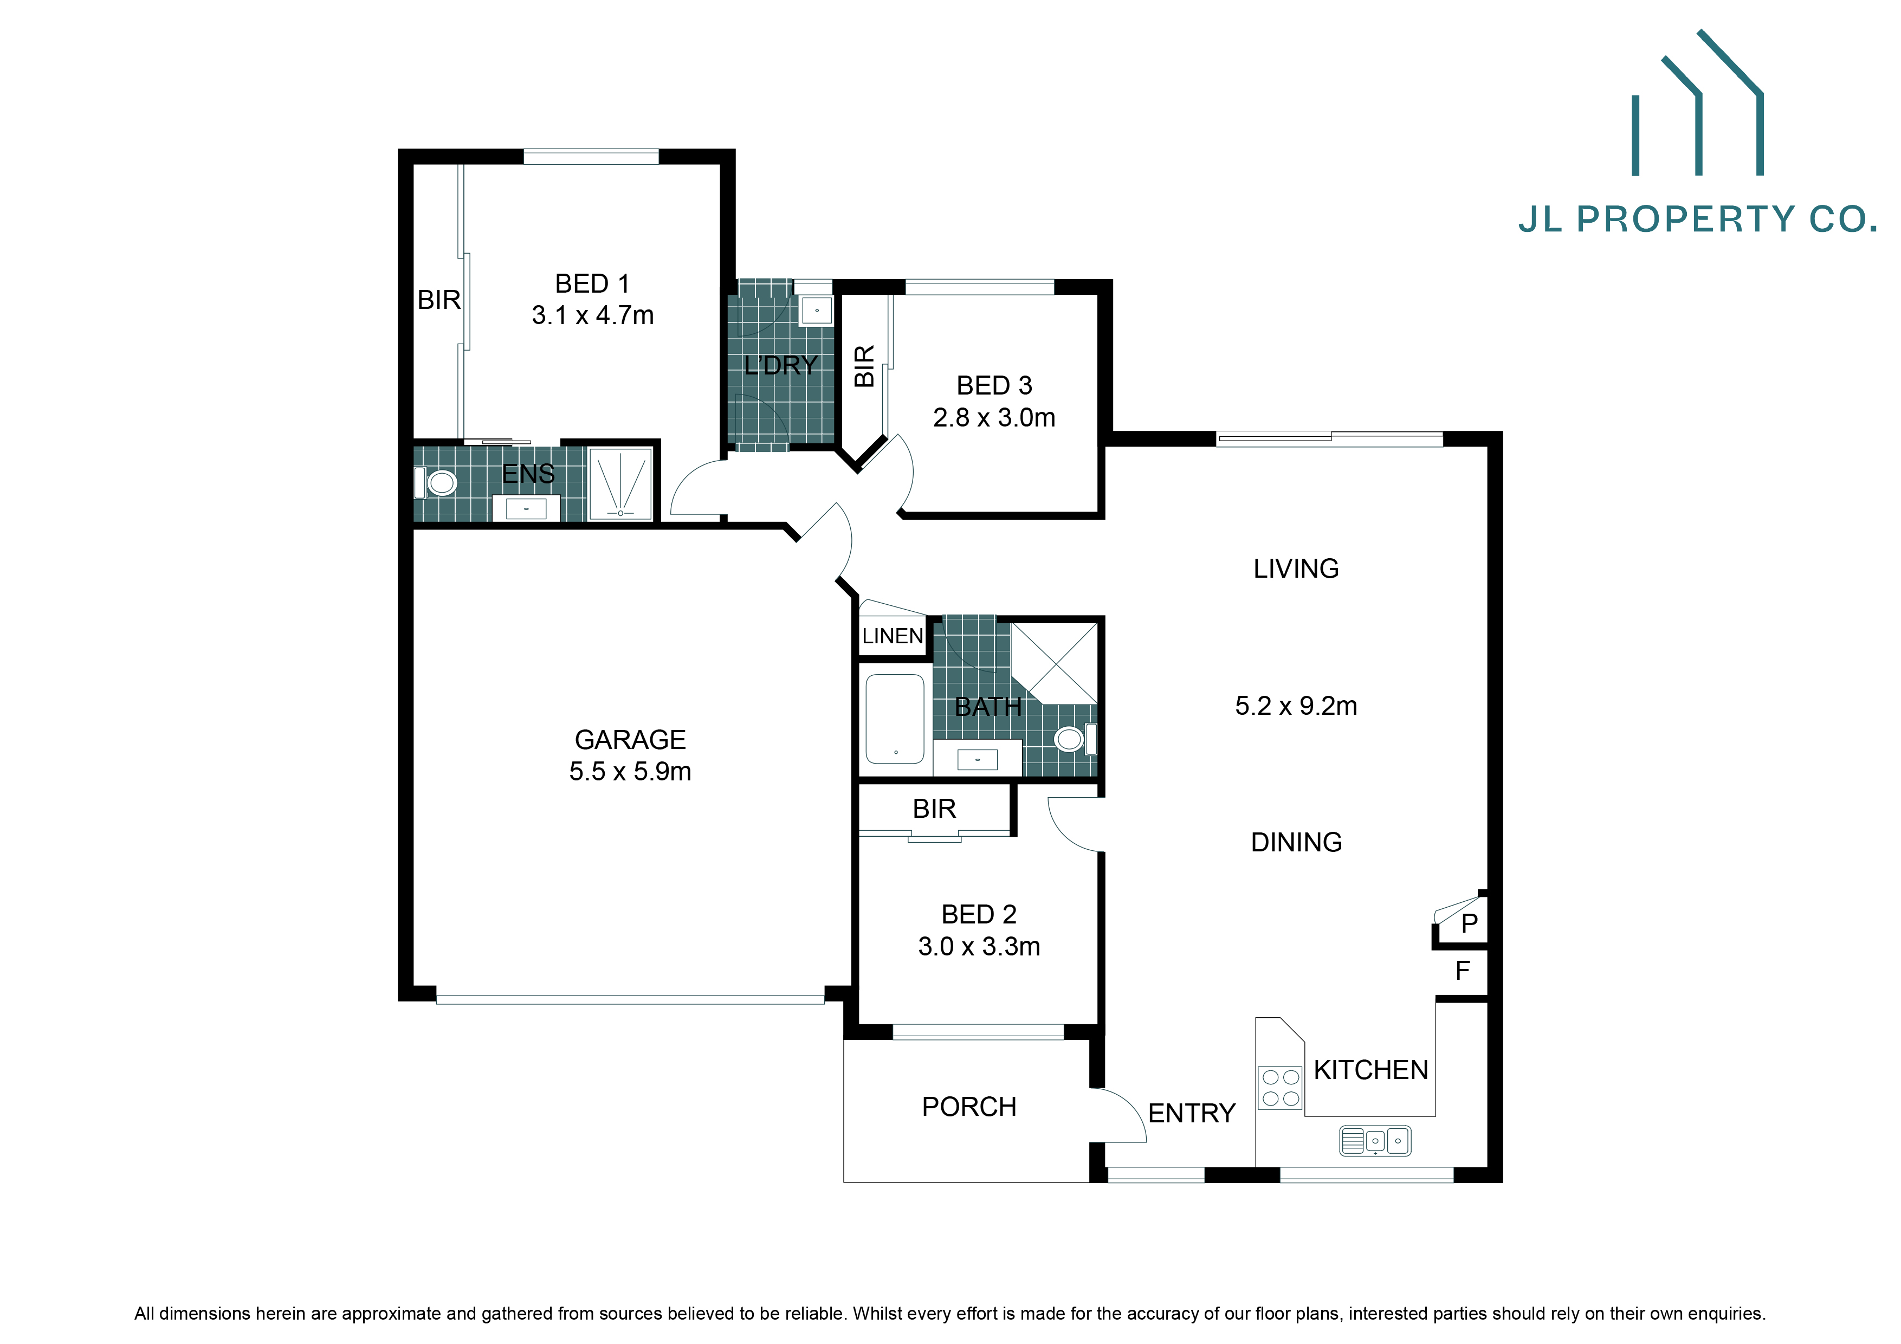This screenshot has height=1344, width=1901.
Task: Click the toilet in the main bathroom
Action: click(1072, 739)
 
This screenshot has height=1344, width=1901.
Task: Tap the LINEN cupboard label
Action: click(892, 636)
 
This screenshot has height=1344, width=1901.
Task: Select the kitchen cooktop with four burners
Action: click(1280, 1087)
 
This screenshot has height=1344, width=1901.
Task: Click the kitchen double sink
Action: click(1375, 1140)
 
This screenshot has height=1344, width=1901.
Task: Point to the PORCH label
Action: click(969, 1107)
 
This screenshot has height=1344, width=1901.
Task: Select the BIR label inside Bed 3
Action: click(864, 366)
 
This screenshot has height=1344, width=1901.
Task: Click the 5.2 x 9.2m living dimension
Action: click(1296, 706)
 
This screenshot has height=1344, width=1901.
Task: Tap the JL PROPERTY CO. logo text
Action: click(1697, 219)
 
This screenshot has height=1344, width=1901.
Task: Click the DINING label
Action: click(1296, 842)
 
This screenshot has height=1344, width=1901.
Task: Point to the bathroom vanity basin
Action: click(977, 759)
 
